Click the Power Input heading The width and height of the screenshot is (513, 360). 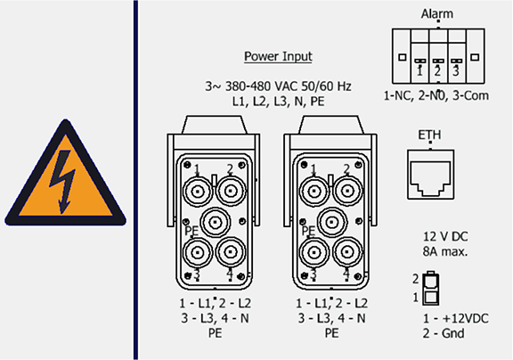click(278, 56)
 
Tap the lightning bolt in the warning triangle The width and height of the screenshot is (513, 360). click(63, 181)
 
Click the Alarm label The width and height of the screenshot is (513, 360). click(437, 14)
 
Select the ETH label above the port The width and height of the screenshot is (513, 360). click(429, 135)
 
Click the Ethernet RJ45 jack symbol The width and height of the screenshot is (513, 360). click(430, 175)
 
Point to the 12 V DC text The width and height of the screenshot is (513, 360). click(445, 236)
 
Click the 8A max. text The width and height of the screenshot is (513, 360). click(445, 251)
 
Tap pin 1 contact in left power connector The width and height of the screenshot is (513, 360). click(198, 191)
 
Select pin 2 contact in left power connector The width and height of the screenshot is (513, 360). click(231, 191)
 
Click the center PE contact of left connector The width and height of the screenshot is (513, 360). click(215, 223)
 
